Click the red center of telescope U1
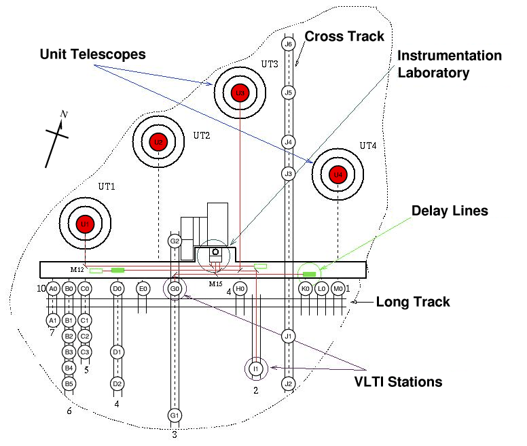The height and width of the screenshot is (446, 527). pos(85,224)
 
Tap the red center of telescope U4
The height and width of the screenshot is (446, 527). pos(338,175)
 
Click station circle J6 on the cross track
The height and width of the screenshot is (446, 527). pos(288,44)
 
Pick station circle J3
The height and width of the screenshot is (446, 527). pos(288,174)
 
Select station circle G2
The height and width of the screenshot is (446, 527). pos(175,241)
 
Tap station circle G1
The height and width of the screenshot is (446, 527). pos(175,415)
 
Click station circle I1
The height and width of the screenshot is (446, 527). pos(256,368)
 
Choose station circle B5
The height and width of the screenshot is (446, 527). pos(68,384)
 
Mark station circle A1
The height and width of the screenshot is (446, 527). pos(52,320)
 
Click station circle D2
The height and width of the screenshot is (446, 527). pos(117,384)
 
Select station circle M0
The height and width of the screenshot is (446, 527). pos(338,289)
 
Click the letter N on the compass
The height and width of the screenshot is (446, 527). pos(64,114)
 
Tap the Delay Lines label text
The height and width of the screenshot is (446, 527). pos(450,211)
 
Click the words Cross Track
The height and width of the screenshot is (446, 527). pos(344,36)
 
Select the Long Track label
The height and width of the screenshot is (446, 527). pos(413,302)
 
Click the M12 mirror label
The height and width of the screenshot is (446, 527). pos(77,270)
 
